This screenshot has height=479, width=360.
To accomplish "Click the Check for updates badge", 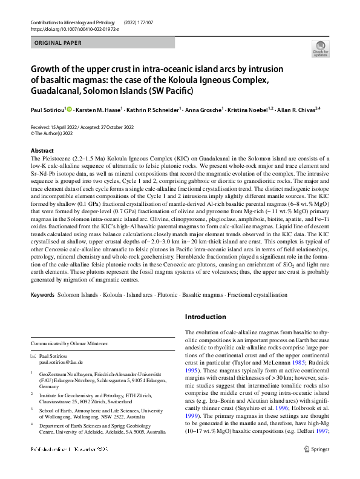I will coord(319,48).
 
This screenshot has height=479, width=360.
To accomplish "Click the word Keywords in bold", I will coord(42,294).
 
